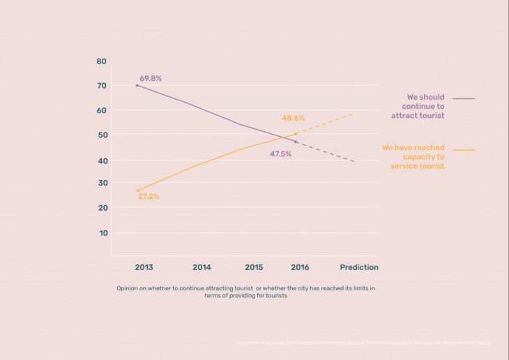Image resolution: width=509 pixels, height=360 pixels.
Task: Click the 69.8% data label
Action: pos(150,79)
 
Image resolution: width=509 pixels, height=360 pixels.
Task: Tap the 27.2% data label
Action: pos(149,197)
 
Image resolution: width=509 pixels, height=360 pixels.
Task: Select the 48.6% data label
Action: pos(292,119)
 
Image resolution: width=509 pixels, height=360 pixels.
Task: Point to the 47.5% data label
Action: pos(280,153)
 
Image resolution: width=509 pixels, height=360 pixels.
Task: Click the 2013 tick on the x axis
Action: pos(144,267)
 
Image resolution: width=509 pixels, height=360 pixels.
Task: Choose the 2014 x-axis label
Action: pos(202,267)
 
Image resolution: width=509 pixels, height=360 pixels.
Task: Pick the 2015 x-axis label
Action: pos(254,267)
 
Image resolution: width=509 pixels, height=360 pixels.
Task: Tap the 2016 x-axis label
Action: pos(300,267)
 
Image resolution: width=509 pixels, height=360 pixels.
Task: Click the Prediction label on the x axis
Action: pos(359,267)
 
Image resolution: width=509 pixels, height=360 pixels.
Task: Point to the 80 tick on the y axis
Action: pos(102,61)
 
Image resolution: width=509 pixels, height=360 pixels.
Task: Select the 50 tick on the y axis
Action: pos(102,135)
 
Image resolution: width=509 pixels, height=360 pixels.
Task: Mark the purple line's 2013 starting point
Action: pos(137,85)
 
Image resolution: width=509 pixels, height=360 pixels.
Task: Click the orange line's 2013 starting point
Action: pos(138,190)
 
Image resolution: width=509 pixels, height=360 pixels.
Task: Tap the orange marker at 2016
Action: pos(296,134)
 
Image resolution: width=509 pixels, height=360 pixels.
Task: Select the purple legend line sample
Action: pos(464,99)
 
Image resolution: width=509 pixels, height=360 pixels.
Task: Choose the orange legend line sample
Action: pos(464,150)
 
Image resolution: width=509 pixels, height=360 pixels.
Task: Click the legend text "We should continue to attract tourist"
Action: pos(417,106)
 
